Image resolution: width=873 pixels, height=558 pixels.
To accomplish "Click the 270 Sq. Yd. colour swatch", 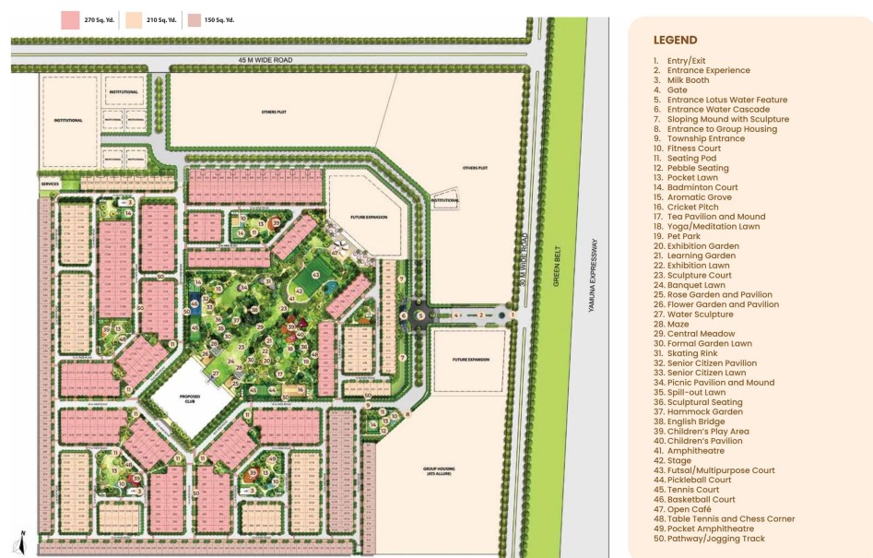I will pyautogui.click(x=69, y=19).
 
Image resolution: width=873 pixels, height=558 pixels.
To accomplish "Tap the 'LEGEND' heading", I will pyautogui.click(x=675, y=41).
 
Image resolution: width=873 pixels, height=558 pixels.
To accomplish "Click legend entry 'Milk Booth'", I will pyautogui.click(x=688, y=80).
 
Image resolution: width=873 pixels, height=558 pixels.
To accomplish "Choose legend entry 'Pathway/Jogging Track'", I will pyautogui.click(x=715, y=539).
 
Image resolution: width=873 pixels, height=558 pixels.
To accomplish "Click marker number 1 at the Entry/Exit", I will pyautogui.click(x=513, y=315).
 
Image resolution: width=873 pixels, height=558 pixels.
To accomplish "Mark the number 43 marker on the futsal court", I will pyautogui.click(x=314, y=274).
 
